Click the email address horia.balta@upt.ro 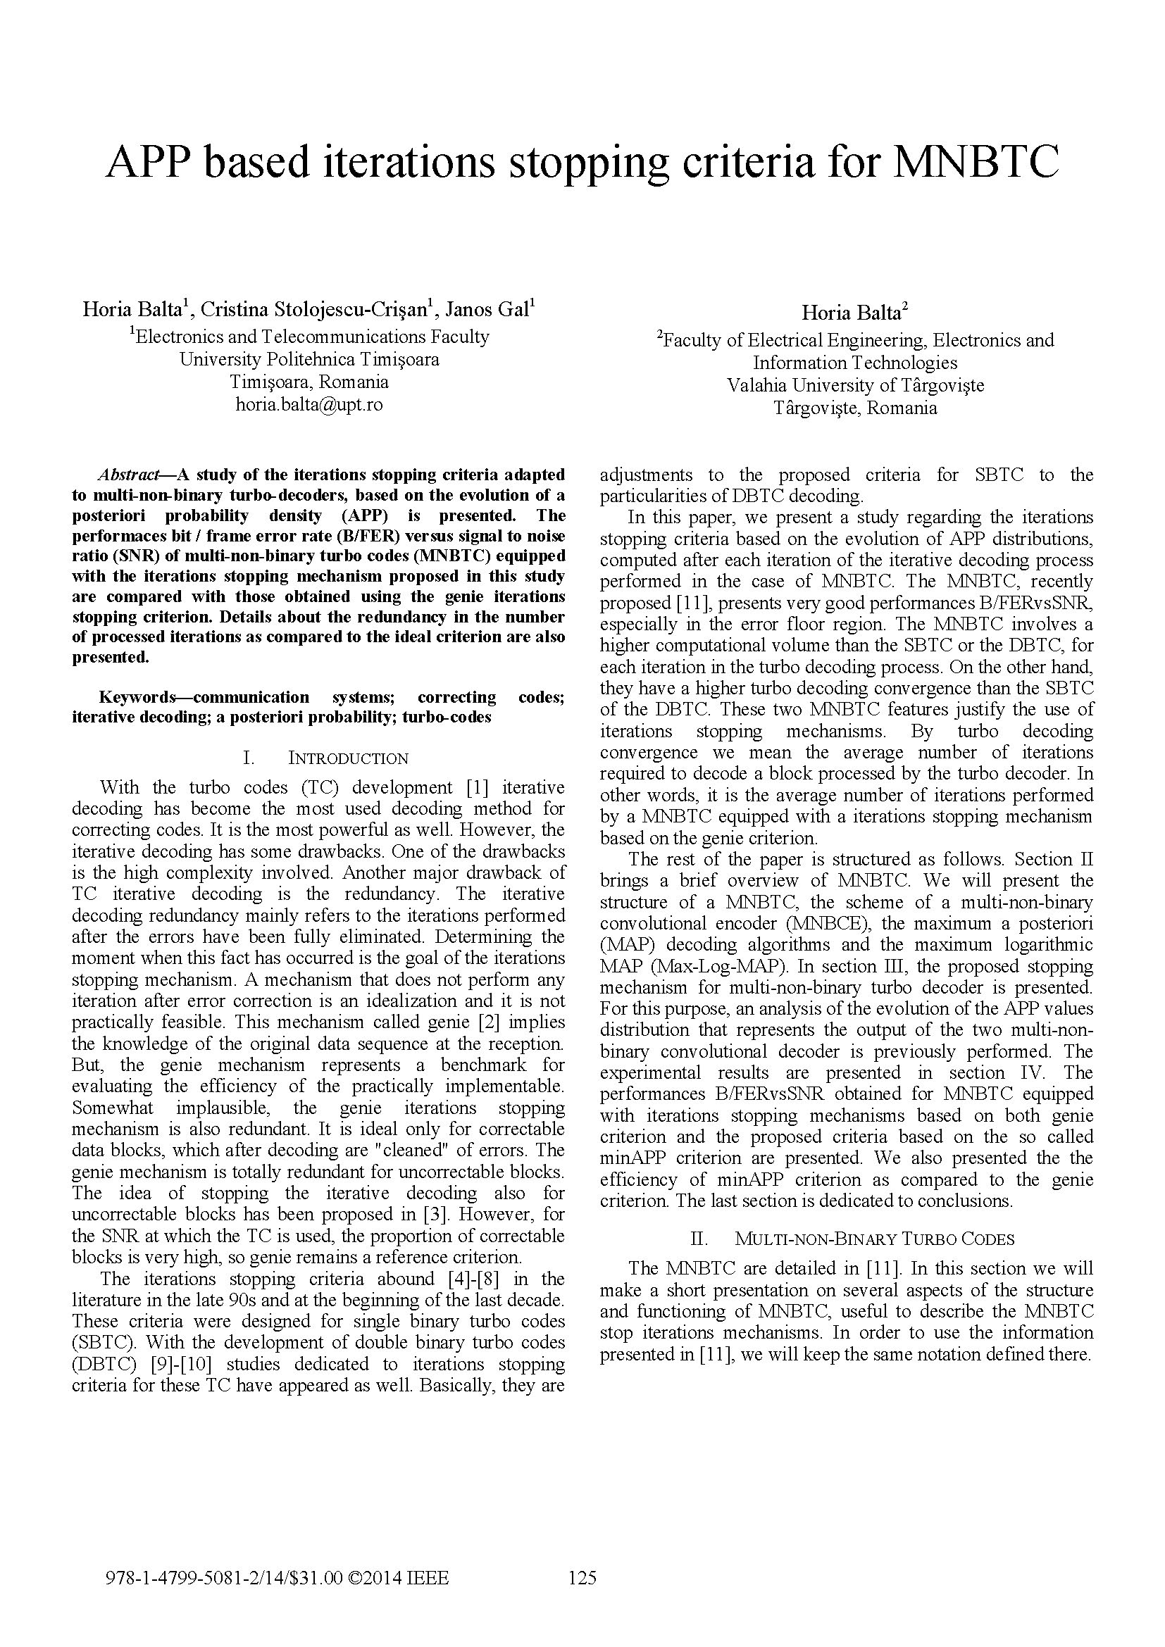(x=309, y=405)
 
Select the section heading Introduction (x=348, y=759)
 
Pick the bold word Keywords (x=137, y=697)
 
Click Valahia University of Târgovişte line (x=855, y=386)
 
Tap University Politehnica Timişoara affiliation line (x=309, y=359)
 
